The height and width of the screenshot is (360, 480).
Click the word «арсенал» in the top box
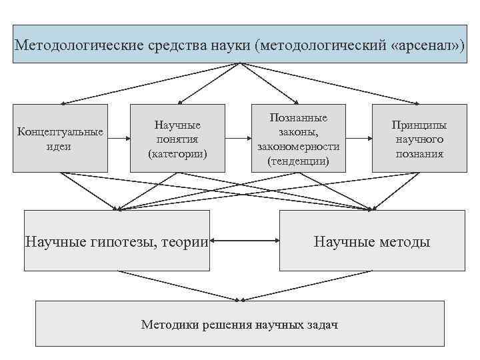tap(424, 45)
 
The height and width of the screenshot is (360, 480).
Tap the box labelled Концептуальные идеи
tap(60, 138)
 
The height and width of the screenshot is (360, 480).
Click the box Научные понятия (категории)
tap(177, 138)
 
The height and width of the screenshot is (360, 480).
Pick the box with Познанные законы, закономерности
tap(298, 138)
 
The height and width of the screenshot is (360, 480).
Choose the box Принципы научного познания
tap(419, 138)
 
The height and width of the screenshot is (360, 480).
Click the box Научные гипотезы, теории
tap(117, 241)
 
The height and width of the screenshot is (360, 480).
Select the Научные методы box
tap(372, 241)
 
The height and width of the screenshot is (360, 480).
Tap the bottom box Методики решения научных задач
tap(239, 325)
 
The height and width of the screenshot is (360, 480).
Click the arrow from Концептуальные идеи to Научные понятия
tap(118, 139)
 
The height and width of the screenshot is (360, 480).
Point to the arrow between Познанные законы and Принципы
tap(359, 139)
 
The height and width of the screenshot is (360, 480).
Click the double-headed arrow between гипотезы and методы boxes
tap(244, 241)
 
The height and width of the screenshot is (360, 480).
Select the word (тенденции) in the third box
tap(298, 161)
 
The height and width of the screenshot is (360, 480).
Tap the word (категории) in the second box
tap(177, 153)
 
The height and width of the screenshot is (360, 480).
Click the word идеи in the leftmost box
tap(60, 146)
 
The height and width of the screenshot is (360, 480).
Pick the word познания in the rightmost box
tap(419, 153)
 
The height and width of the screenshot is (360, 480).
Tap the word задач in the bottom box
tap(322, 325)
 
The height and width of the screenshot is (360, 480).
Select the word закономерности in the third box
tap(298, 146)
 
